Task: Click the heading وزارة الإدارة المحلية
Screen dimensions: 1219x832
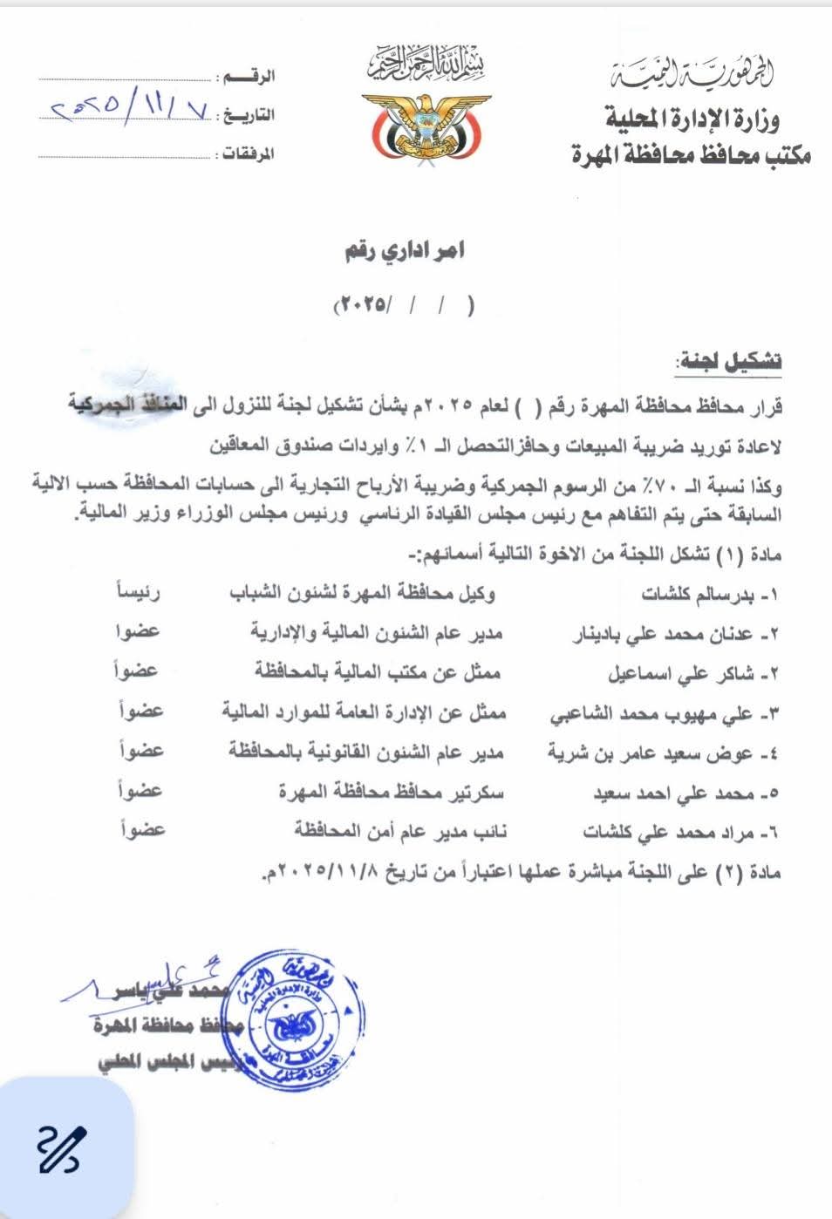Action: [692, 118]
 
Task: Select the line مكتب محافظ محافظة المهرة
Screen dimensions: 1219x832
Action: [691, 155]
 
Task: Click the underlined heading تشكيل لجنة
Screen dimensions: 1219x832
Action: [728, 361]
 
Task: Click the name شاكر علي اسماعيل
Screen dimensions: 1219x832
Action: [674, 674]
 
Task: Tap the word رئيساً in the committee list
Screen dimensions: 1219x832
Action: [139, 593]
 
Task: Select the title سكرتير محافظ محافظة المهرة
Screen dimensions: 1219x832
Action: [392, 792]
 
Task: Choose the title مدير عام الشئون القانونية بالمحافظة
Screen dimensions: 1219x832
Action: [366, 752]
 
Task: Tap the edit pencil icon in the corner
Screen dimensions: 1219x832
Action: [59, 1148]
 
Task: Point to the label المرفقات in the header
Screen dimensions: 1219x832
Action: [249, 154]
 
